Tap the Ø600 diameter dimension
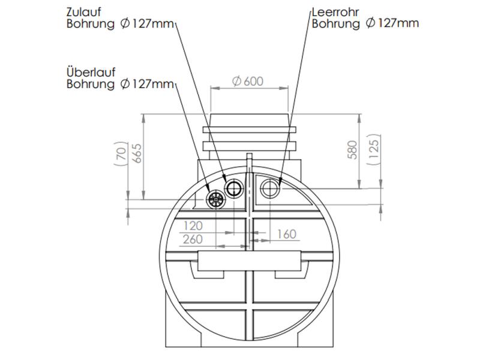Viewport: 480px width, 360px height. (x=247, y=81)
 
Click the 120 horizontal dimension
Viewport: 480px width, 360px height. (x=193, y=226)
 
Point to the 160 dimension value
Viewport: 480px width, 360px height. (x=286, y=234)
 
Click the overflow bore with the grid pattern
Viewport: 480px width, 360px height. (x=215, y=199)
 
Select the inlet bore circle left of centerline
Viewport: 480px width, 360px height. (x=233, y=190)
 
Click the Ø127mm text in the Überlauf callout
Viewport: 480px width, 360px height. (x=147, y=84)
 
